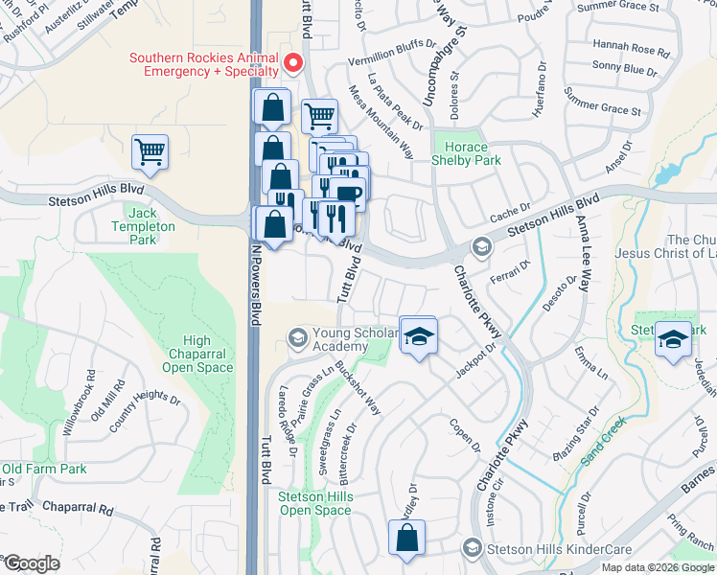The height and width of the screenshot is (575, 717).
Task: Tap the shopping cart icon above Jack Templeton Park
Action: coord(150,151)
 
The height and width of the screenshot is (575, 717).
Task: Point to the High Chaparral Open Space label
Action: coord(197,354)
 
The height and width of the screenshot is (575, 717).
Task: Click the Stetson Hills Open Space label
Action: coord(314,503)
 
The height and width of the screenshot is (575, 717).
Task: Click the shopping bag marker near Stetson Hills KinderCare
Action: coord(406,539)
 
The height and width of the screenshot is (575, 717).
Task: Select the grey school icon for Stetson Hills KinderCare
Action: coord(471,548)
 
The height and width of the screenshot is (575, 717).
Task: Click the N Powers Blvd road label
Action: coord(256,285)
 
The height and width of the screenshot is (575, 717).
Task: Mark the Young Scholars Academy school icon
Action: coord(297,338)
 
